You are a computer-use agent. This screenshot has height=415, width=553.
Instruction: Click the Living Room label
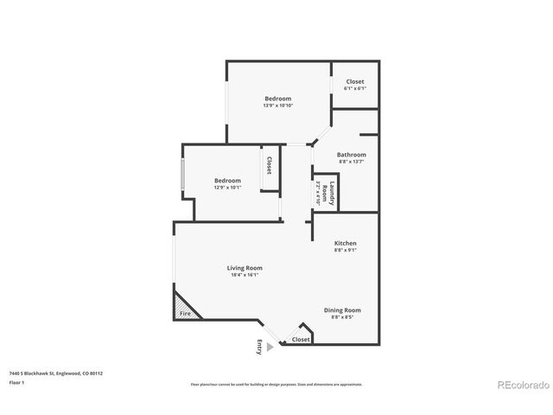[x=244, y=267]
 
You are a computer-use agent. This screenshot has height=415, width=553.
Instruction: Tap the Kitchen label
[x=345, y=243]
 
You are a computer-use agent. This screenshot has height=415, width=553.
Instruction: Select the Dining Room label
[x=342, y=310]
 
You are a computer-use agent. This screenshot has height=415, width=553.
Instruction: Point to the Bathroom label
[x=327, y=155]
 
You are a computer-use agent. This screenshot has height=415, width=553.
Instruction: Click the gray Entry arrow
[x=270, y=347]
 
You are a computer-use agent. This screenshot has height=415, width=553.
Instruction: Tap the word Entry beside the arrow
[x=258, y=347]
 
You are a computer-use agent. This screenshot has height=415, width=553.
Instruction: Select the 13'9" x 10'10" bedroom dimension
[x=278, y=105]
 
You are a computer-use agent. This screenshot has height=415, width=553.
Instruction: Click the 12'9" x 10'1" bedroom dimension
[x=227, y=188]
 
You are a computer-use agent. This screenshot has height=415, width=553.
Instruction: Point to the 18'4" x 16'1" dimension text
[x=244, y=275]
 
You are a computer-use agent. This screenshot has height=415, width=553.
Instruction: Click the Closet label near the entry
[x=301, y=340]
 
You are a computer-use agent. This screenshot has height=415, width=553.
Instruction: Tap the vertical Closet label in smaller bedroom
[x=269, y=165]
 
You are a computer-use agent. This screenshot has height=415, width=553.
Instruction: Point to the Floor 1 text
[x=17, y=382]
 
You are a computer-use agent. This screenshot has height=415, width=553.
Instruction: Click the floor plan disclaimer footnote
[x=276, y=384]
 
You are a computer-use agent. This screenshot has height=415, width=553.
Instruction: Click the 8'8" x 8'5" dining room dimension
[x=342, y=317]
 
